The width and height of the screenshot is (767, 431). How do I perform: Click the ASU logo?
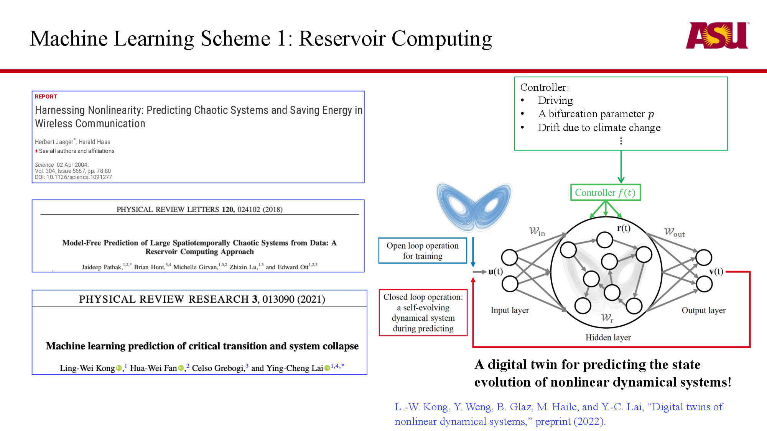717,35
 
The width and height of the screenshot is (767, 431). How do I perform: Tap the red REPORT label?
46,97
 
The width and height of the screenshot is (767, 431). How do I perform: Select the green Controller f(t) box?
605,192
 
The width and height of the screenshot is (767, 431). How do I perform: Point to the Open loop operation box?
422,251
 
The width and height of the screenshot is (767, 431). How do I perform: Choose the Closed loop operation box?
423,313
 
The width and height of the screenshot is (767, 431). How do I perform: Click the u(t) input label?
495,272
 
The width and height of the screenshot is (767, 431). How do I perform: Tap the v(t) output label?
716,272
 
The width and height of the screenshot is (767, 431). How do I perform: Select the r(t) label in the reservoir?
624,228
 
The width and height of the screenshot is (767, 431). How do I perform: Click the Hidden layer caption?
608,338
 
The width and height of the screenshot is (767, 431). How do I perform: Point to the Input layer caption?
509,310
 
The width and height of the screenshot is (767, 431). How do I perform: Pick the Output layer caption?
703,310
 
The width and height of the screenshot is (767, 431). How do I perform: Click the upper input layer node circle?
510,257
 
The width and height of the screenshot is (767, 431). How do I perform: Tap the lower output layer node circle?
704,284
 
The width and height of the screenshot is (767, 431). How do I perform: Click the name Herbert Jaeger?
54,142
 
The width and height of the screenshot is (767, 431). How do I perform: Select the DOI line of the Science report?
73,177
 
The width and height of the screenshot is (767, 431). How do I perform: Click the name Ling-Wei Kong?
87,368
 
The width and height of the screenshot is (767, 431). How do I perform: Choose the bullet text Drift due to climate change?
599,128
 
